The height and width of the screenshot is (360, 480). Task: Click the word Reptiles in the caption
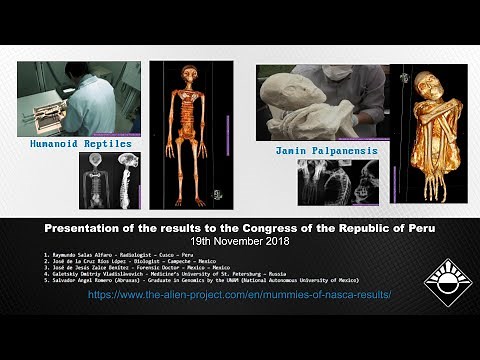click(x=110, y=144)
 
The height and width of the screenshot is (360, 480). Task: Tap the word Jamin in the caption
click(x=291, y=151)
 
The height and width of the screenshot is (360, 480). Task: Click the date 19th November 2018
click(x=239, y=242)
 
